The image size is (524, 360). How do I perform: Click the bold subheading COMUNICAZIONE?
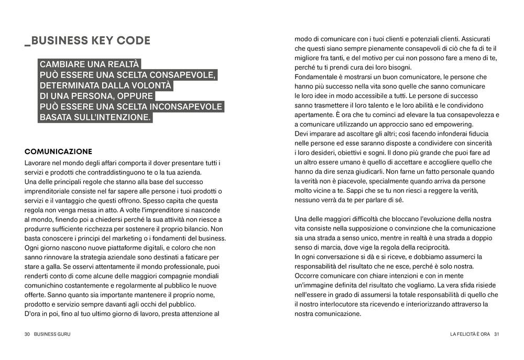click(x=58, y=151)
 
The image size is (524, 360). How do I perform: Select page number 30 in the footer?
click(x=27, y=334)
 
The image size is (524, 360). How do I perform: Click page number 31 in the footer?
click(x=496, y=334)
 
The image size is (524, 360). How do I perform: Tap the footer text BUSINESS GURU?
click(x=52, y=334)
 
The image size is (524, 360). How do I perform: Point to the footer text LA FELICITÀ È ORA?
click(x=470, y=334)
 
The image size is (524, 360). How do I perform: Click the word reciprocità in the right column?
click(x=431, y=247)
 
